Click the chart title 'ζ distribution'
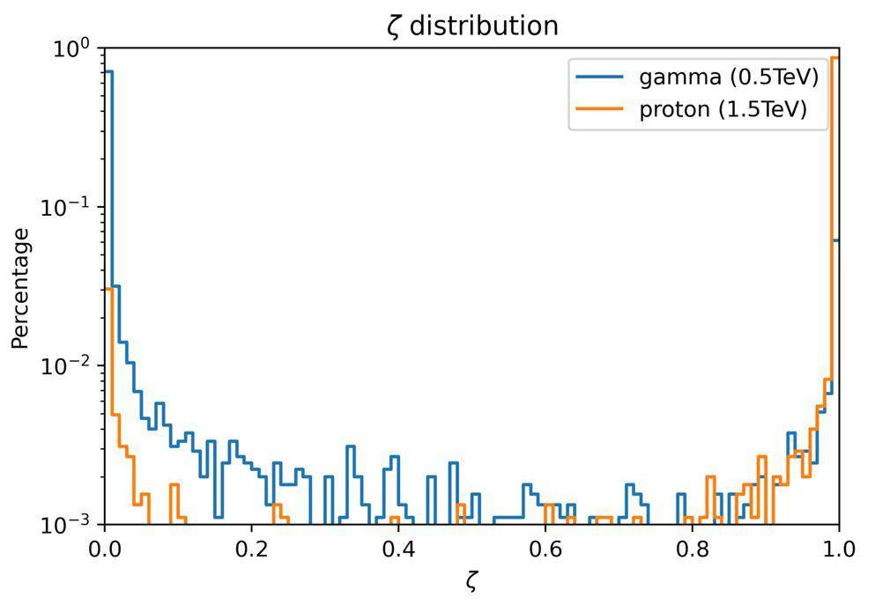473,26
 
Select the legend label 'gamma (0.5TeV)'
729,77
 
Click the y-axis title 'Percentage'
21,288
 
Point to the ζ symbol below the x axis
471,582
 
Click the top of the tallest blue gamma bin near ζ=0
108,71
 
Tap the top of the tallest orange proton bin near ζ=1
834,58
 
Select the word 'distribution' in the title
484,26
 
